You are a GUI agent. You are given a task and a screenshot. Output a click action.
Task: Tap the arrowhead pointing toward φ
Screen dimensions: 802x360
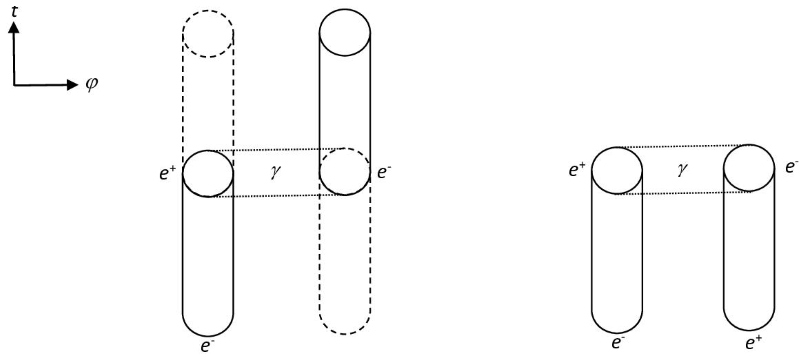(72, 85)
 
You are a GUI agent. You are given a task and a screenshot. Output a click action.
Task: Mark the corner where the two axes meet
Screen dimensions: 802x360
(14, 85)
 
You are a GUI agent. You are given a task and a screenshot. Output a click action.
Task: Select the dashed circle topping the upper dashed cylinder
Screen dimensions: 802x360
(208, 34)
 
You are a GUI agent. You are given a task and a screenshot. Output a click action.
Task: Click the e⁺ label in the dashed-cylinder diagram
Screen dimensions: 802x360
(168, 173)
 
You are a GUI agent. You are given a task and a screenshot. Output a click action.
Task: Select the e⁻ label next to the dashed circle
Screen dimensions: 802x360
(384, 172)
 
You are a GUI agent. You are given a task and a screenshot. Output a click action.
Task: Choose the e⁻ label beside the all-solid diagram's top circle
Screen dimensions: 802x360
(792, 166)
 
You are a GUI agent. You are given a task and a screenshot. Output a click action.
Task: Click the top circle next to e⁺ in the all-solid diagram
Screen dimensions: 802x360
(617, 171)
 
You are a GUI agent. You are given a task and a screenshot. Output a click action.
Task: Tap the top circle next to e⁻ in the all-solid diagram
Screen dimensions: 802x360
(749, 168)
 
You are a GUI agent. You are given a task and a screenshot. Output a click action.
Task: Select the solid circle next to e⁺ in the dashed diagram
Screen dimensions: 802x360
(208, 173)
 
